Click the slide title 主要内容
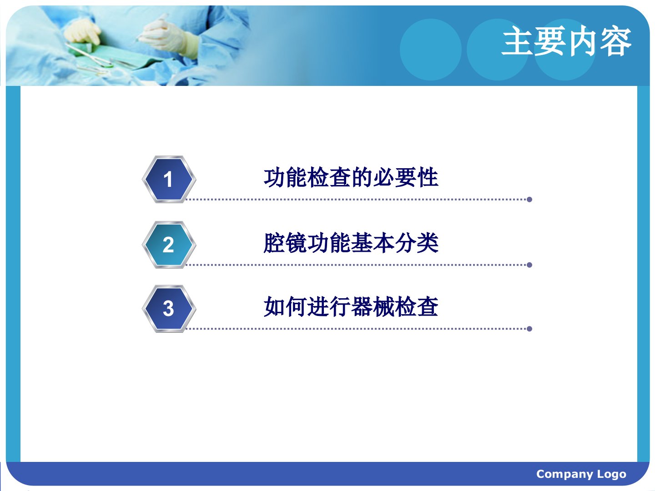pyautogui.click(x=566, y=41)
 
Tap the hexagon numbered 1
pyautogui.click(x=169, y=179)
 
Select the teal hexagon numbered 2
pyautogui.click(x=169, y=245)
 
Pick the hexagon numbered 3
pyautogui.click(x=169, y=309)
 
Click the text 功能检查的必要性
pyautogui.click(x=351, y=178)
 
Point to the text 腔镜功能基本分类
pyautogui.click(x=351, y=243)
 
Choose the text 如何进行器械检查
pyautogui.click(x=351, y=306)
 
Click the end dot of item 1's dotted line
pyautogui.click(x=529, y=200)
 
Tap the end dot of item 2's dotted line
pyautogui.click(x=529, y=265)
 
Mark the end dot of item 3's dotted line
pyautogui.click(x=529, y=329)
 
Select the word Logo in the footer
pyautogui.click(x=612, y=474)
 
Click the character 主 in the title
pyautogui.click(x=517, y=41)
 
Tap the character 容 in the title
pyautogui.click(x=616, y=41)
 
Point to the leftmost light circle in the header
pyautogui.click(x=431, y=50)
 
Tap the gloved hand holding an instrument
pyautogui.click(x=167, y=36)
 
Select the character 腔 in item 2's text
pyautogui.click(x=274, y=243)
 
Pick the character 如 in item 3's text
pyautogui.click(x=274, y=306)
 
